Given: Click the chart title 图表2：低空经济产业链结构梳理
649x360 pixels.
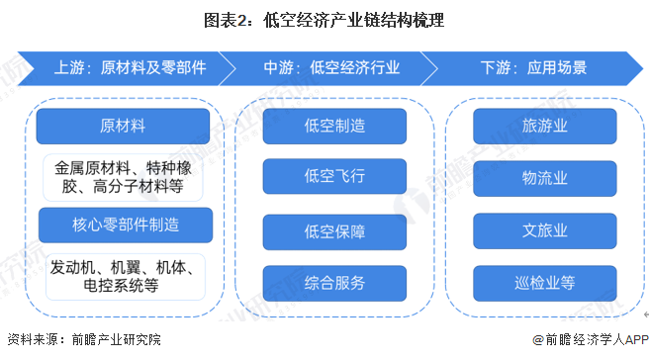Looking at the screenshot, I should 324,20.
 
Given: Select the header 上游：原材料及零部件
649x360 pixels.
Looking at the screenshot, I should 130,69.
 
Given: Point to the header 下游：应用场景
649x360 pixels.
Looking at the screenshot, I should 532,69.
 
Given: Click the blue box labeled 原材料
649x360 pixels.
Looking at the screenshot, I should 123,127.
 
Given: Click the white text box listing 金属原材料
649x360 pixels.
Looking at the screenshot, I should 124,175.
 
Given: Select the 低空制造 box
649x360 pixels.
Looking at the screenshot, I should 334,127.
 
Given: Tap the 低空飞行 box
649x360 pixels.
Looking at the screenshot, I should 334,178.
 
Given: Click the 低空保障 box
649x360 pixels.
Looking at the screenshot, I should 334,232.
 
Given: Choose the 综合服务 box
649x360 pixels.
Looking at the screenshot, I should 334,284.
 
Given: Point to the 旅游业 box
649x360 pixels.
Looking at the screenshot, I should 545,127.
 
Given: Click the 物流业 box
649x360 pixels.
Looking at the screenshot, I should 545,178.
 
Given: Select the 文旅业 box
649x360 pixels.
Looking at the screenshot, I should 545,230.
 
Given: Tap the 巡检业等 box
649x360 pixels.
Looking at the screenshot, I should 545,284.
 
